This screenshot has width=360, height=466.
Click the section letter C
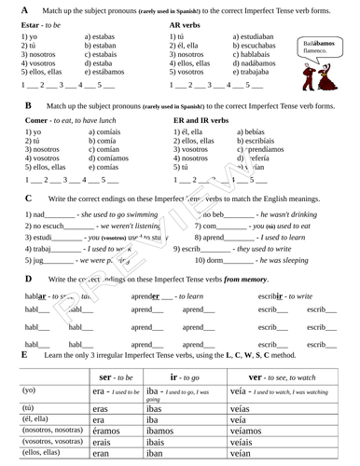[x=29, y=199]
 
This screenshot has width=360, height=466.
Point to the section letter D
[x=28, y=278]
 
